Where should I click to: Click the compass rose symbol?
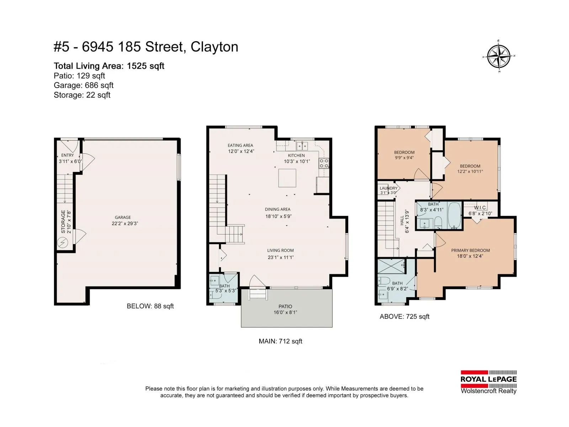[x=499, y=56]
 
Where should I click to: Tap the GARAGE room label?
[x=123, y=217]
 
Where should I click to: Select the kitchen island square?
[x=287, y=178]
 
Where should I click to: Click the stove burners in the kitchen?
[x=324, y=164]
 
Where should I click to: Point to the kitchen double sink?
[x=302, y=146]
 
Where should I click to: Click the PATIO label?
[x=285, y=306]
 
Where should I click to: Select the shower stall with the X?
[x=391, y=266]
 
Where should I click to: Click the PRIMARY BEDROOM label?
[x=470, y=250]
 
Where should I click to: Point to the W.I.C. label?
[x=480, y=208]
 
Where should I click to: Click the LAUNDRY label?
[x=389, y=188]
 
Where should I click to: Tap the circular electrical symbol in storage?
[x=63, y=243]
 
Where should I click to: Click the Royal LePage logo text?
[x=489, y=379]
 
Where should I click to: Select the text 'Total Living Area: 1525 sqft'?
[x=109, y=66]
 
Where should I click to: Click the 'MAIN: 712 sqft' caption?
[x=281, y=341]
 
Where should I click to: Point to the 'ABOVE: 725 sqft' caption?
[x=405, y=316]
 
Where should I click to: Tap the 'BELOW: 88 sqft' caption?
[x=150, y=306]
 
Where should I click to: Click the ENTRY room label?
[x=68, y=155]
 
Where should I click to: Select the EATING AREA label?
[x=240, y=146]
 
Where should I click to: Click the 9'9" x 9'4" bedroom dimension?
[x=404, y=158]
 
